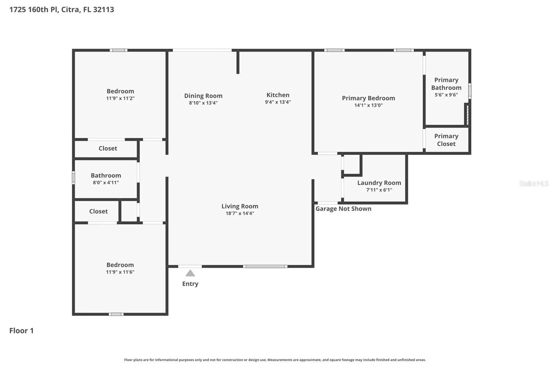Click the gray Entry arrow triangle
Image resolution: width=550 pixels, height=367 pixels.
pos(190,273)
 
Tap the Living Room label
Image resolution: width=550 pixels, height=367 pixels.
pos(240,206)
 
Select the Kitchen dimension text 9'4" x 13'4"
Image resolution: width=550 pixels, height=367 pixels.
pos(278,102)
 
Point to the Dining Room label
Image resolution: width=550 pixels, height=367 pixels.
pos(203,96)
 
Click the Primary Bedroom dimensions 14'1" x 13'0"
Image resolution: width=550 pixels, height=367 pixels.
pos(368,105)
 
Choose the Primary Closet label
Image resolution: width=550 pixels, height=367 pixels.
pos(446,140)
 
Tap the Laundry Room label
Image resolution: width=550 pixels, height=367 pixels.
pos(379,183)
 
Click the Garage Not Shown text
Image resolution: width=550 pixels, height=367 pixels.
pos(343,209)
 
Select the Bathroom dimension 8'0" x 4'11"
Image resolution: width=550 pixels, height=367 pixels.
pos(106,182)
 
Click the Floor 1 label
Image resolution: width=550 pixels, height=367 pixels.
pos(21,331)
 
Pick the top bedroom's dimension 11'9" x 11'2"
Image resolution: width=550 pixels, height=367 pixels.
pos(120,98)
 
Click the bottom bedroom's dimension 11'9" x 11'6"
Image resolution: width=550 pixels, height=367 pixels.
pos(120,272)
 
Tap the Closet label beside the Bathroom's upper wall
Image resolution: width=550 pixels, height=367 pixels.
pos(108,148)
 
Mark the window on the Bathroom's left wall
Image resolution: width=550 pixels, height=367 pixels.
pos(74,178)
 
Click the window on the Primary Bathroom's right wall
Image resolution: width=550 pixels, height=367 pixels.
pos(470,91)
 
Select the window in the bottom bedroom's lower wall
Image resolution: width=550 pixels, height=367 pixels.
pos(116,314)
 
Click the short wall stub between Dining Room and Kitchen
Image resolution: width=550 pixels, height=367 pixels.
pos(238,62)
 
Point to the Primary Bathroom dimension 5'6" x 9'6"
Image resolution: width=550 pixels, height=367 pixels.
pos(446,95)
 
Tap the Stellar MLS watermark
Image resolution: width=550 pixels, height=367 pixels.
pos(534,183)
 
